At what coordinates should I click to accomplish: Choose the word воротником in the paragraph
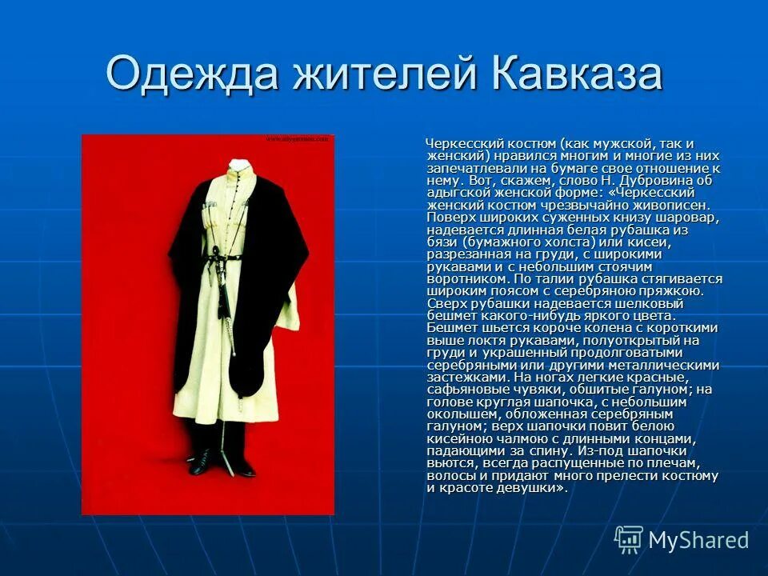click(x=466, y=279)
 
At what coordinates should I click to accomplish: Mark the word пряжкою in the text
click(x=674, y=291)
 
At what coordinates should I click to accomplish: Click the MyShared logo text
click(x=698, y=540)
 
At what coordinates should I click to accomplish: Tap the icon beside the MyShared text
click(x=629, y=539)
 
